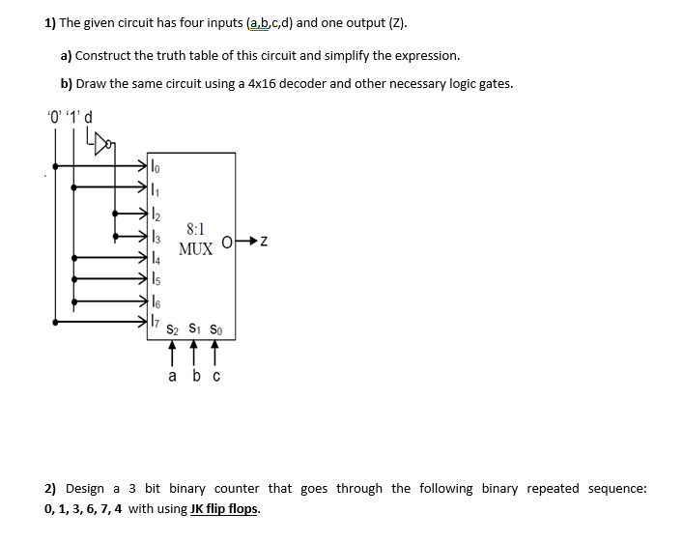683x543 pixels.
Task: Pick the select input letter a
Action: point(172,377)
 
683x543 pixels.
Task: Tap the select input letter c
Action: point(215,377)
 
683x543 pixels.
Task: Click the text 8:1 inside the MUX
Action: point(194,229)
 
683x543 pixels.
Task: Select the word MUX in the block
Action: point(195,249)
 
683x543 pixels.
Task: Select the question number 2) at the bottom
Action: point(52,488)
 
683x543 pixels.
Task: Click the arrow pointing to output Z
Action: point(248,240)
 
